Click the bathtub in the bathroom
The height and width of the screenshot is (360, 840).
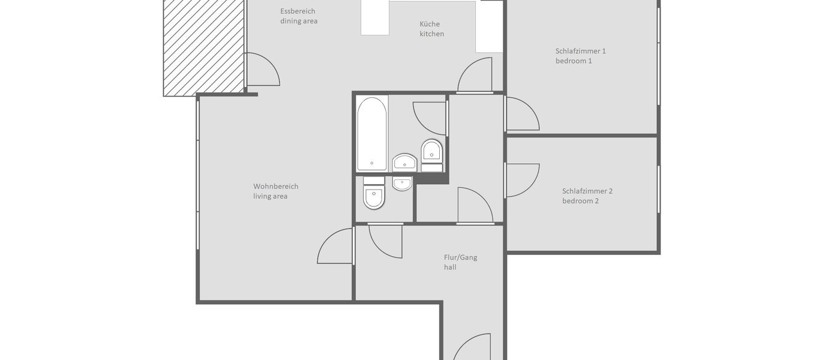[371, 134]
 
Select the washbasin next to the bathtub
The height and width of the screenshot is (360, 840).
[404, 162]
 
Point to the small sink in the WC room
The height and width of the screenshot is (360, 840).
[403, 183]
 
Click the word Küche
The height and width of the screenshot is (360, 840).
[429, 24]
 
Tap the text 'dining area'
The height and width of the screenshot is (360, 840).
[299, 21]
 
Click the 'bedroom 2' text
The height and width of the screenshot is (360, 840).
[580, 201]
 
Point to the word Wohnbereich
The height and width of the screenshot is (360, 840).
[275, 186]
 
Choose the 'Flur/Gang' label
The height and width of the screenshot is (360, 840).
[460, 257]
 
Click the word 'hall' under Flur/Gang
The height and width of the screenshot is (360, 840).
[450, 267]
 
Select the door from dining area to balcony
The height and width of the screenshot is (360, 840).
[262, 69]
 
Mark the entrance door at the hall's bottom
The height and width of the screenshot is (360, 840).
[474, 348]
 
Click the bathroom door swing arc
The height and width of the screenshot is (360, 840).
[430, 118]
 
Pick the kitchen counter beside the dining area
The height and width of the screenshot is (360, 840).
[375, 18]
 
